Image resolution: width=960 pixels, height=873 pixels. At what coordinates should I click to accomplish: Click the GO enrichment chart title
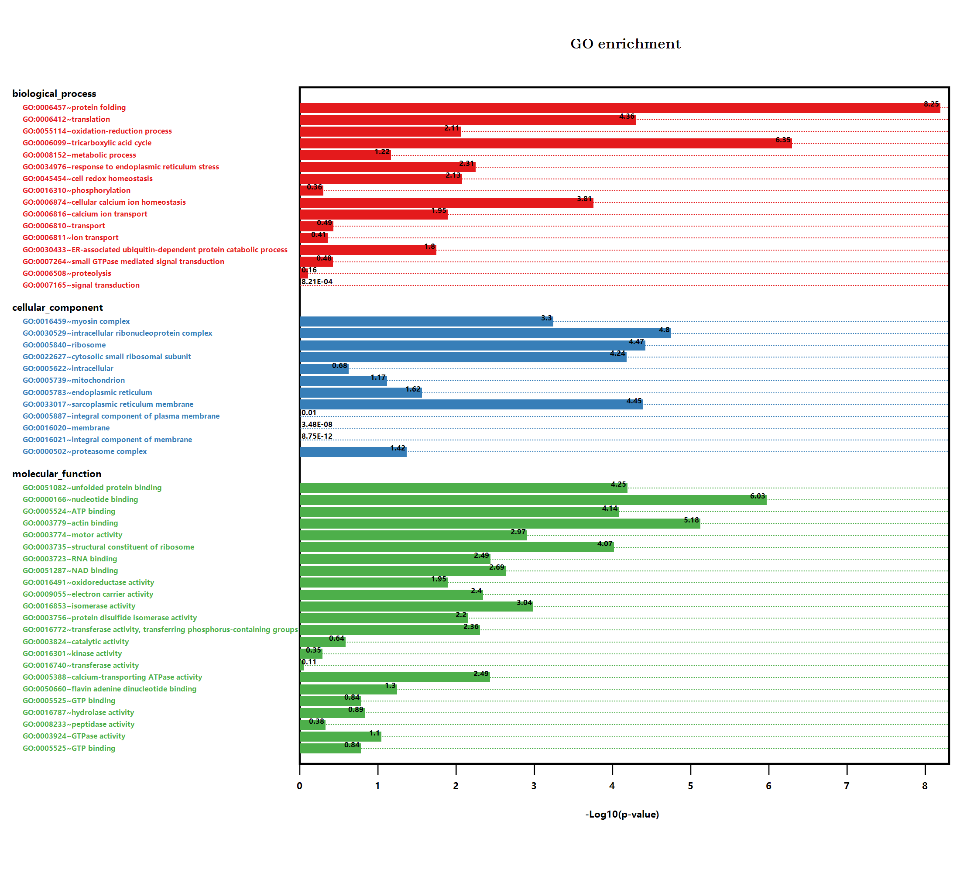pyautogui.click(x=625, y=44)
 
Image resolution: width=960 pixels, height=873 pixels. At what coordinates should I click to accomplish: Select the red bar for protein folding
pyautogui.click(x=619, y=109)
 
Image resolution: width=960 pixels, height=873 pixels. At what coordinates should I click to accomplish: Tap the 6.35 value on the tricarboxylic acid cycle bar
pyautogui.click(x=783, y=140)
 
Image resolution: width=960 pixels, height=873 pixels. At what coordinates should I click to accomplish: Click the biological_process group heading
pyautogui.click(x=54, y=94)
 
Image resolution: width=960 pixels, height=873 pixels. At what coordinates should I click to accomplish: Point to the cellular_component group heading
pyautogui.click(x=58, y=308)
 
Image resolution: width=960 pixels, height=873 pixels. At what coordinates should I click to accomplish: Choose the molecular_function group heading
pyautogui.click(x=57, y=474)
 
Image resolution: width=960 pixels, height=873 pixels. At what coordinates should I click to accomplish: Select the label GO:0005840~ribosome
pyautogui.click(x=64, y=345)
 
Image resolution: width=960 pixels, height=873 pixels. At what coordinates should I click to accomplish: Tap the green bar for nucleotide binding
pyautogui.click(x=532, y=500)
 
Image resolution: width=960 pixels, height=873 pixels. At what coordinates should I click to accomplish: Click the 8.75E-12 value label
pyautogui.click(x=317, y=436)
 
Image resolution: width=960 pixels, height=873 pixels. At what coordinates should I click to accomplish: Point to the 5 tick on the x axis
pyautogui.click(x=690, y=786)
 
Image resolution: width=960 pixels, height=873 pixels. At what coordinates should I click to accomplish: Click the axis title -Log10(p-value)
pyautogui.click(x=622, y=815)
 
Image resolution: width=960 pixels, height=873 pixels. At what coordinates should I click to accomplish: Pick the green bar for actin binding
pyautogui.click(x=500, y=524)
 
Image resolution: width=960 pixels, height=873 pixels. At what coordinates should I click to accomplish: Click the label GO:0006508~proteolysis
pyautogui.click(x=67, y=273)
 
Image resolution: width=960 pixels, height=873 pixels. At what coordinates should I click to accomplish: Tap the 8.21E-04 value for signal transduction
pyautogui.click(x=317, y=282)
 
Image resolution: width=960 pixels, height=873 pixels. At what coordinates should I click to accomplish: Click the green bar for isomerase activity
pyautogui.click(x=416, y=607)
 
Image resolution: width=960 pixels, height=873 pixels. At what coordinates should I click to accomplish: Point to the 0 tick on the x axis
pyautogui.click(x=299, y=786)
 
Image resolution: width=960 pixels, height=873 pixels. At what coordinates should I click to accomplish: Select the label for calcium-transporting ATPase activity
pyautogui.click(x=113, y=677)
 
